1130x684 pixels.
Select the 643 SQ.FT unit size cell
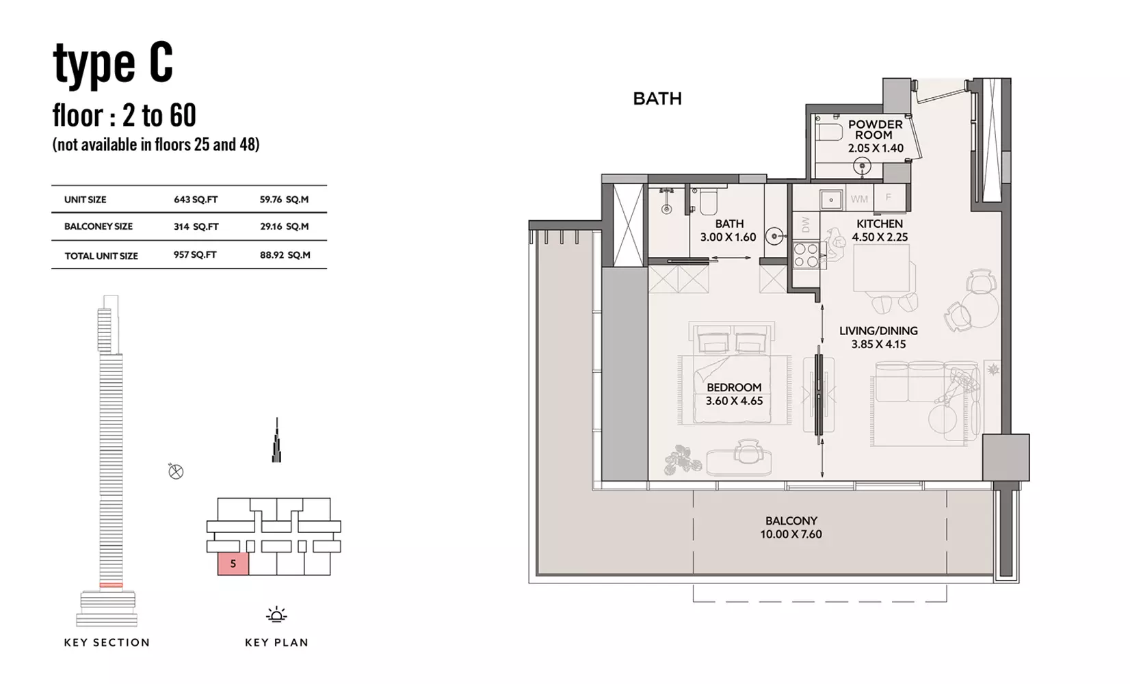pos(196,199)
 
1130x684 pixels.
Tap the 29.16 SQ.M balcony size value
pos(284,226)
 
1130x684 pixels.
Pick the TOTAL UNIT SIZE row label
pos(101,256)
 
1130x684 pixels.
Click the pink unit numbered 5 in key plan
pos(233,564)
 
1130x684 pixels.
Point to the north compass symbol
pos(176,472)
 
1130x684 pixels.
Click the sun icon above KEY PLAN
pos(276,614)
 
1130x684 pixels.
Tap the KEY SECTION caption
pos(107,642)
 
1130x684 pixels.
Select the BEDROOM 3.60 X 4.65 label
pos(734,394)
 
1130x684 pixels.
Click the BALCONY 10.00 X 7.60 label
pos(791,527)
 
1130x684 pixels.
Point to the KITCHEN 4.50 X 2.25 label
pos(880,230)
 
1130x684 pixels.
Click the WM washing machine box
pos(859,199)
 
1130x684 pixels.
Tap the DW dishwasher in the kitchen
pos(806,224)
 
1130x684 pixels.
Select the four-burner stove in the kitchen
pos(806,254)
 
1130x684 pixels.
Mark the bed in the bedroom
pos(733,373)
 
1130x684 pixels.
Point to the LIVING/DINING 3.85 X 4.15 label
pos(878,337)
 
